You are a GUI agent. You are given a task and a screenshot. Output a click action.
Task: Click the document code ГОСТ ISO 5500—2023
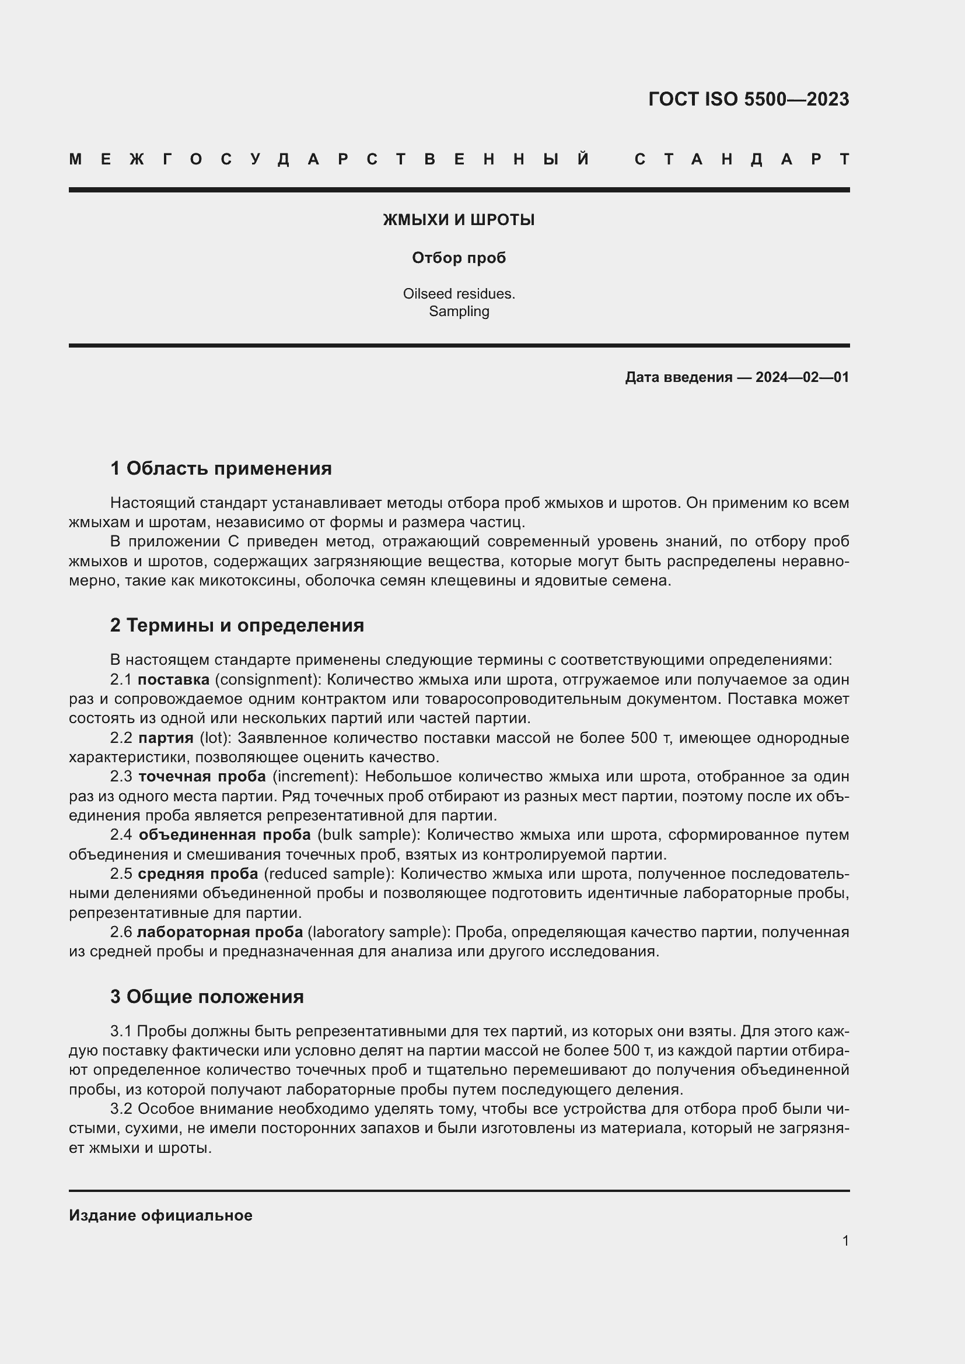748,99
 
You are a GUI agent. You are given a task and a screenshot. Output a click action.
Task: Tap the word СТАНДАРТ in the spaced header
742,159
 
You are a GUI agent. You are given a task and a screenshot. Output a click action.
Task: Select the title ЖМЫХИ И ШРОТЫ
459,220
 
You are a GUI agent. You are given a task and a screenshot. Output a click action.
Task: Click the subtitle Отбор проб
459,258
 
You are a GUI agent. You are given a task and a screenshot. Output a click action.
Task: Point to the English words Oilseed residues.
459,293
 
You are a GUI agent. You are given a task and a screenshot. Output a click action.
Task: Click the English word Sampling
459,311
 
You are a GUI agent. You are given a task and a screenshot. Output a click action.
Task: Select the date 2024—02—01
802,377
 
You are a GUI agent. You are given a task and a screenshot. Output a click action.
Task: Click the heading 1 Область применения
221,468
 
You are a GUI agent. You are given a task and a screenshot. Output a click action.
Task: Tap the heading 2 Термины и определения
237,625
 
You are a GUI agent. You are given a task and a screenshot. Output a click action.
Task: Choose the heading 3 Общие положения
207,996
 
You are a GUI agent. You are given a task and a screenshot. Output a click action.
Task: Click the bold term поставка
173,679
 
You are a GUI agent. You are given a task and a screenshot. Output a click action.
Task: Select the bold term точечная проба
202,776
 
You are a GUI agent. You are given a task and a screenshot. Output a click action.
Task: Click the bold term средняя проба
198,874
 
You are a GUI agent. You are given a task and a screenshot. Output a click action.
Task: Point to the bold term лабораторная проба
220,932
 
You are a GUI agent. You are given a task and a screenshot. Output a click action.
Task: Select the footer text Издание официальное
160,1215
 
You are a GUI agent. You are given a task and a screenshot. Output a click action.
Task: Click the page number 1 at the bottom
845,1240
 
